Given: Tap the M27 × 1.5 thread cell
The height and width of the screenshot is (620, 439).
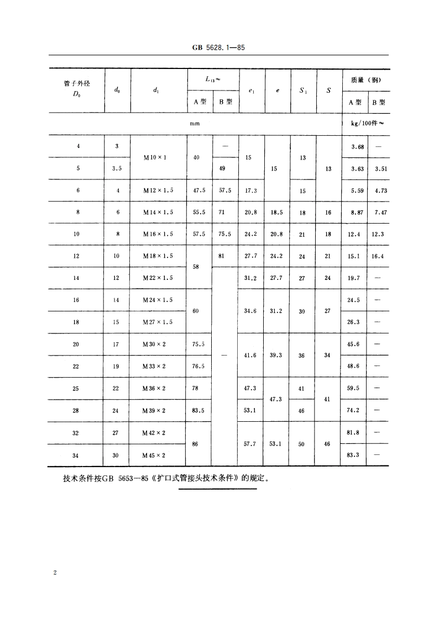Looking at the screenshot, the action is click(x=158, y=322).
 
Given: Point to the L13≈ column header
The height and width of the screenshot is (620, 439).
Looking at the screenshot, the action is click(x=213, y=79).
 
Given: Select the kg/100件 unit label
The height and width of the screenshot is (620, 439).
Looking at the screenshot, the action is click(x=365, y=124).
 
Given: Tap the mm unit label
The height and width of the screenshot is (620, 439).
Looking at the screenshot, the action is click(x=195, y=124).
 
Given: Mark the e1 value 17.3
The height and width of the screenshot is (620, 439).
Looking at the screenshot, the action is click(x=250, y=190).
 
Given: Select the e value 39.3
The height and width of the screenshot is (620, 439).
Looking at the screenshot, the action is click(x=276, y=355).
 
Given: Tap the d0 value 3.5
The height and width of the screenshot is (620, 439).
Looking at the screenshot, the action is click(x=117, y=169).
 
